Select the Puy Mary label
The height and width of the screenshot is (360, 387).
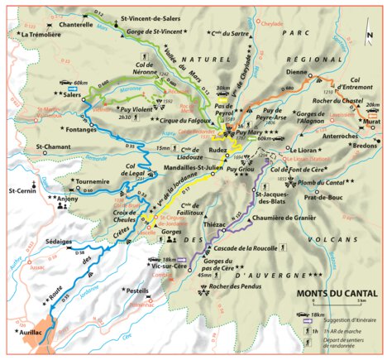(253, 132)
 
